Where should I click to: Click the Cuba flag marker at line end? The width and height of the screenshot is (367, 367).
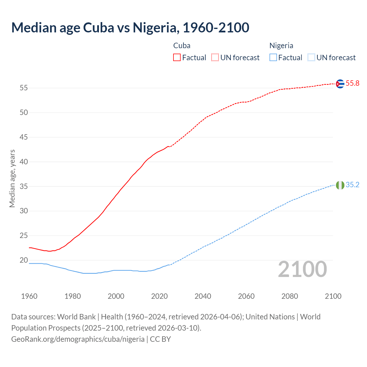pyautogui.click(x=340, y=84)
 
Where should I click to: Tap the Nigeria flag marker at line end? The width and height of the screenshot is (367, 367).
pyautogui.click(x=340, y=185)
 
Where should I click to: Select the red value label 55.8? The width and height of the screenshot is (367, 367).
pyautogui.click(x=352, y=83)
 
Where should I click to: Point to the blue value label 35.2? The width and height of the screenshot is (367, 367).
pyautogui.click(x=352, y=185)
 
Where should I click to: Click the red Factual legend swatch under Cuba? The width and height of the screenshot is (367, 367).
pyautogui.click(x=177, y=58)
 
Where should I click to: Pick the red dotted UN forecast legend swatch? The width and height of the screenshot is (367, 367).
pyautogui.click(x=215, y=58)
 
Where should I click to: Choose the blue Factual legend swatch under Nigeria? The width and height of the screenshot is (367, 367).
pyautogui.click(x=273, y=58)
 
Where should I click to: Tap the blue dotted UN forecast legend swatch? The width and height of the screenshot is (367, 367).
pyautogui.click(x=311, y=58)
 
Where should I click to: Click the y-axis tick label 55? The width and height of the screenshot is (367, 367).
pyautogui.click(x=24, y=88)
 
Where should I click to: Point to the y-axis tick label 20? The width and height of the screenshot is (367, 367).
pyautogui.click(x=24, y=260)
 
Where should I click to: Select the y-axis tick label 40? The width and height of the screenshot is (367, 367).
pyautogui.click(x=24, y=162)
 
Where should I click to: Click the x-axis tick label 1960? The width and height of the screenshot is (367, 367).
pyautogui.click(x=29, y=296)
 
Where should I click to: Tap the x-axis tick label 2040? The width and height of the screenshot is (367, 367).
pyautogui.click(x=203, y=296)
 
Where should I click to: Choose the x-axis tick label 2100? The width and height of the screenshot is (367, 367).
pyautogui.click(x=333, y=296)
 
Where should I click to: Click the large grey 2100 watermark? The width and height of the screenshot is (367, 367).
pyautogui.click(x=302, y=269)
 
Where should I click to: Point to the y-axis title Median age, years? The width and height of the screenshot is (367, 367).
pyautogui.click(x=12, y=178)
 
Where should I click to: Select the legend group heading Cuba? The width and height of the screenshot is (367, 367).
pyautogui.click(x=182, y=46)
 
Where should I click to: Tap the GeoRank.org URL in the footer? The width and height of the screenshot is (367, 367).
pyautogui.click(x=78, y=339)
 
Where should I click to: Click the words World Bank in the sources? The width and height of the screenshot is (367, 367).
pyautogui.click(x=76, y=317)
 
